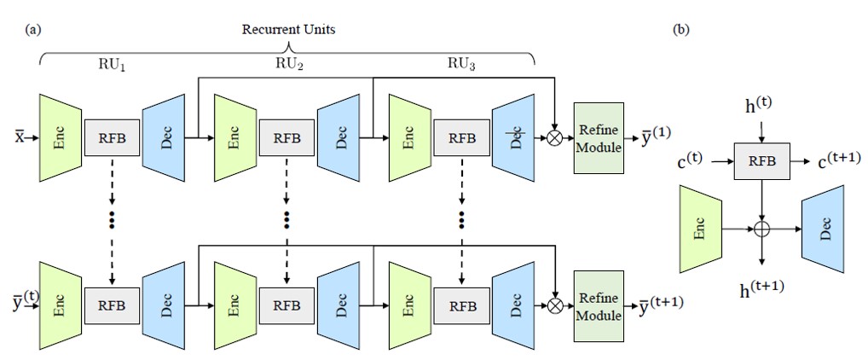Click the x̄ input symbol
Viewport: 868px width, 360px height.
coord(19,137)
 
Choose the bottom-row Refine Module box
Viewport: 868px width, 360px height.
coord(599,305)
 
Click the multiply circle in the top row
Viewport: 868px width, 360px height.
coord(556,136)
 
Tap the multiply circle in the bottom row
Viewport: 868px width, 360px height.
coord(556,305)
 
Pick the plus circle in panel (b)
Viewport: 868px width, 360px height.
coord(759,229)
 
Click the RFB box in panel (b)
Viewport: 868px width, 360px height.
coord(759,160)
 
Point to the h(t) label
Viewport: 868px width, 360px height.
coord(759,106)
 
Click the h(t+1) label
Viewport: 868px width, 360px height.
coord(759,284)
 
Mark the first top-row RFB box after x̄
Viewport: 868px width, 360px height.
coord(112,137)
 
